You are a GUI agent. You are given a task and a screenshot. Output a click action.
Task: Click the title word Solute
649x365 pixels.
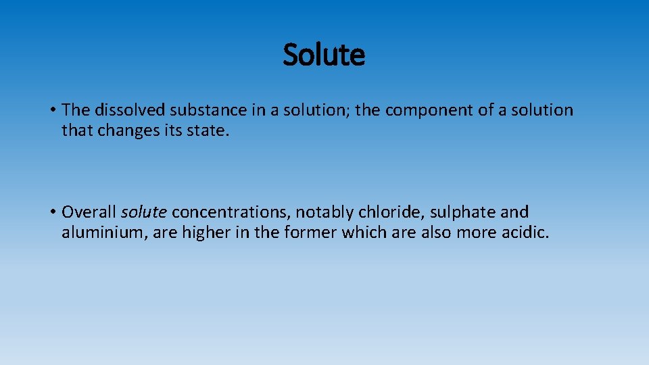(324, 55)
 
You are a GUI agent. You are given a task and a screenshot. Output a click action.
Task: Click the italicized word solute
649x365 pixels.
(143, 212)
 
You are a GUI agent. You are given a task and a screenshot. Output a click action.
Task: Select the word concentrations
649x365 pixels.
(231, 212)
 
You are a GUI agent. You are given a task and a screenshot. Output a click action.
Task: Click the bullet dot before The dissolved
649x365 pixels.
(52, 110)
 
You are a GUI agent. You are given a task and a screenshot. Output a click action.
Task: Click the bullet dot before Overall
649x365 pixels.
(52, 212)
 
